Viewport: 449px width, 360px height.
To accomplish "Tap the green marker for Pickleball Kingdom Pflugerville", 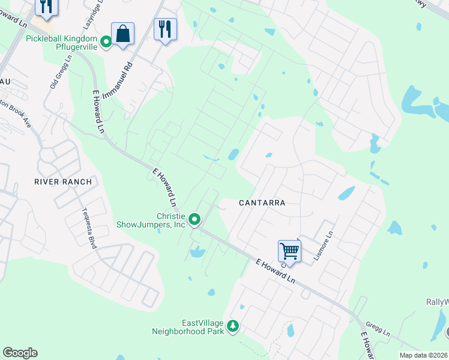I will (106, 41).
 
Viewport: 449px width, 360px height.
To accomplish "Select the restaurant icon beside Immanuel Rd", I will (165, 29).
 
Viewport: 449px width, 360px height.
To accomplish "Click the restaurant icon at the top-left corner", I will (46, 6).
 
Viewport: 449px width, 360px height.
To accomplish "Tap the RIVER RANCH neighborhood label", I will (63, 182).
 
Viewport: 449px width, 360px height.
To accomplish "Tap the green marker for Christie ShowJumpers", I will (194, 220).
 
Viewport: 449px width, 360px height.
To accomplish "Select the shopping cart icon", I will (289, 251).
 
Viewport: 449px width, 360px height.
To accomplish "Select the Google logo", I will (20, 353).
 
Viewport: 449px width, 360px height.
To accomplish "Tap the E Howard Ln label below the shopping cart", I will (276, 272).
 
